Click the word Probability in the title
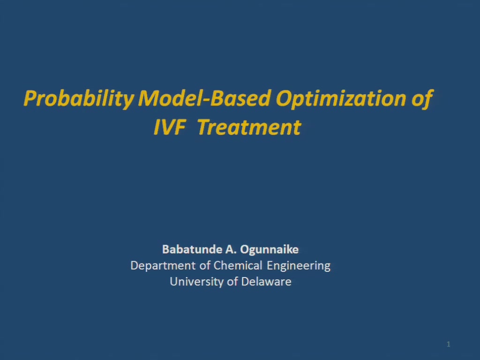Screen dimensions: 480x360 coord(79,99)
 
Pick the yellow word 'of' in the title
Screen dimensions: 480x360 coord(422,99)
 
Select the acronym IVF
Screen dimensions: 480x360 coord(170,127)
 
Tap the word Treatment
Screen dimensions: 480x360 coord(249,127)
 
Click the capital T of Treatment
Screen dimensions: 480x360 coord(204,127)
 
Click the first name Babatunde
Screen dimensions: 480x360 coord(192,249)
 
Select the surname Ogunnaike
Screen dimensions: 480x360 coord(270,249)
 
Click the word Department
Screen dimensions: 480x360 coord(163,266)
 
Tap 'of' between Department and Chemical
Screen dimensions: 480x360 coord(205,265)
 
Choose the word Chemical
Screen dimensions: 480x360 coord(238,265)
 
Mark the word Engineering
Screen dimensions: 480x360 coord(299,266)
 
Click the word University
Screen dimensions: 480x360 coord(196,282)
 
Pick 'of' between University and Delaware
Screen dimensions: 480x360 coord(232,281)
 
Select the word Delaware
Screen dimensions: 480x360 coord(266,281)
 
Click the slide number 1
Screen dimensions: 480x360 coord(449,345)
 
